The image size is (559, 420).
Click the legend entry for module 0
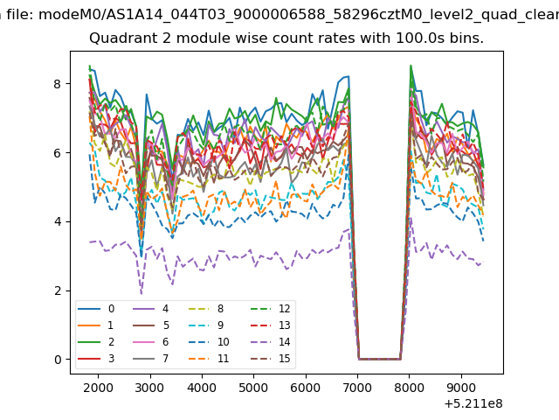click(96, 309)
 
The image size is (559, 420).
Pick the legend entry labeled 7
click(150, 358)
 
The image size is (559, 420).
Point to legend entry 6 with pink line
click(150, 342)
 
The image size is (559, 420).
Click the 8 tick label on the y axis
click(57, 84)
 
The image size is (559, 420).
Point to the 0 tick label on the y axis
click(58, 360)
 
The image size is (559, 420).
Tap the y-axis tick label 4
click(58, 221)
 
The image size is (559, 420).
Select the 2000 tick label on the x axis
click(98, 388)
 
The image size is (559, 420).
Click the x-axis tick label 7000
click(357, 388)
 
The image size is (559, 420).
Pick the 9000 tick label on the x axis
click(461, 388)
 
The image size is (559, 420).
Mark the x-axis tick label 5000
click(253, 388)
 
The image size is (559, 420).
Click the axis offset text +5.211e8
click(473, 403)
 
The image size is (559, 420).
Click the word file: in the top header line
click(21, 15)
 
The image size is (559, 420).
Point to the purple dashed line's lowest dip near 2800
click(141, 294)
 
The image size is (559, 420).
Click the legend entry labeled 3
click(96, 358)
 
